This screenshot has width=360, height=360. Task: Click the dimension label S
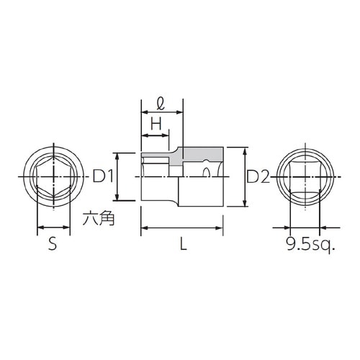coord(53,245)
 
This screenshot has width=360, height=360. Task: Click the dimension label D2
coord(258,176)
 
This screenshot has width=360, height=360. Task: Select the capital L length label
coord(183,245)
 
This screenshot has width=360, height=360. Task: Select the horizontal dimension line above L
coord(183,228)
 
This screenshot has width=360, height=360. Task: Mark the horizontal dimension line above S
coord(53,228)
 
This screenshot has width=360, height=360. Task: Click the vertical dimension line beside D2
coord(245,176)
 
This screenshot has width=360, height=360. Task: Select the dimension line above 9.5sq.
coord(302,228)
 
